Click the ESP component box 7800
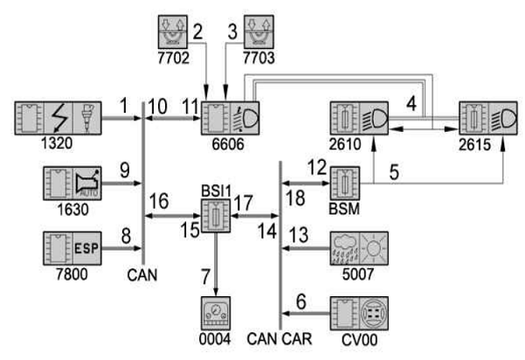(x=73, y=248)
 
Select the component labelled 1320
(x=58, y=118)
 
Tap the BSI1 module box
(x=216, y=216)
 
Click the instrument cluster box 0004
(x=216, y=313)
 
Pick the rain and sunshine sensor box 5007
(x=359, y=248)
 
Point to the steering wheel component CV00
(x=359, y=313)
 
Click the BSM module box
(x=345, y=183)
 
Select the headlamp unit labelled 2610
(x=359, y=118)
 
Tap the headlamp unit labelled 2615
(x=488, y=118)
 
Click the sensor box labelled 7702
(x=173, y=32)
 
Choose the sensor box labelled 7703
(x=259, y=32)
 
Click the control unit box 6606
(x=230, y=118)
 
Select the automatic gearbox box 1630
(x=73, y=183)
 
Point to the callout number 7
(x=205, y=277)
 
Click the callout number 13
(x=299, y=235)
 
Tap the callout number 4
(x=411, y=104)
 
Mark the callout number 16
(x=159, y=201)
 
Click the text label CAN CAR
(x=280, y=338)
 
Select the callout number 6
(x=301, y=301)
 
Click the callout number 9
(x=125, y=170)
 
